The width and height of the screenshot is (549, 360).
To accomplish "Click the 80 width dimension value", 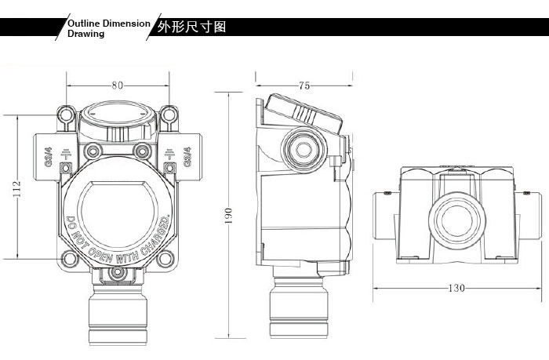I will pos(118,85).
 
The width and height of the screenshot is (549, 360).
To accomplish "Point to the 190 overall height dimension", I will pos(229,215).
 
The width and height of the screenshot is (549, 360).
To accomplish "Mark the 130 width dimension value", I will pos(455,288).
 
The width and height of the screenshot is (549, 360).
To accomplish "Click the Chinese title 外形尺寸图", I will pos(192,27).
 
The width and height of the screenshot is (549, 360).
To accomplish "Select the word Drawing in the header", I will pos(85,34).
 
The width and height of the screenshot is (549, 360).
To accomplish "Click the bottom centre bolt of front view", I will pos(118,271).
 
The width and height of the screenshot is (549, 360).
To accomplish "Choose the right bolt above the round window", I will pos(141,150).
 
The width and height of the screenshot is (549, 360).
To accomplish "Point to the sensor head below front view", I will pos(118,314).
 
